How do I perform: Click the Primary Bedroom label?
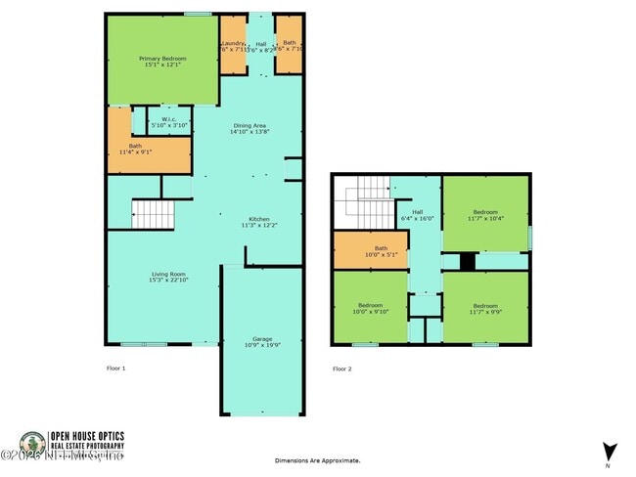(x=162, y=62)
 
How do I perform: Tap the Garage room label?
(x=261, y=341)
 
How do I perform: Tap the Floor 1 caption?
(x=116, y=369)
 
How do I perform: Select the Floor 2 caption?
(x=341, y=369)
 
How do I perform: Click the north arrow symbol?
(x=610, y=453)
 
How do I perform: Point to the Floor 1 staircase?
(x=152, y=212)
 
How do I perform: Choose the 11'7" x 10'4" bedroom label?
(x=486, y=215)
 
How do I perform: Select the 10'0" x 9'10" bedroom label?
(x=371, y=309)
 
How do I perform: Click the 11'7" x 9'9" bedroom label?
(x=486, y=309)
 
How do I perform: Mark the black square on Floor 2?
(x=468, y=261)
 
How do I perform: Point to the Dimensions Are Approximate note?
(x=318, y=459)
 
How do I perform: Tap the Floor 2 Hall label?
(x=417, y=215)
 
